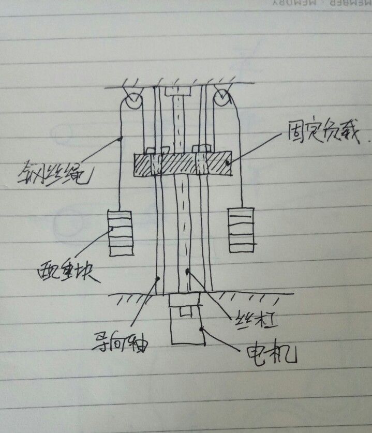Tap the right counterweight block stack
(242, 229)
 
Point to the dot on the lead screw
(187, 270)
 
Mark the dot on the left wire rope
(121, 138)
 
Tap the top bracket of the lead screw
(177, 92)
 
